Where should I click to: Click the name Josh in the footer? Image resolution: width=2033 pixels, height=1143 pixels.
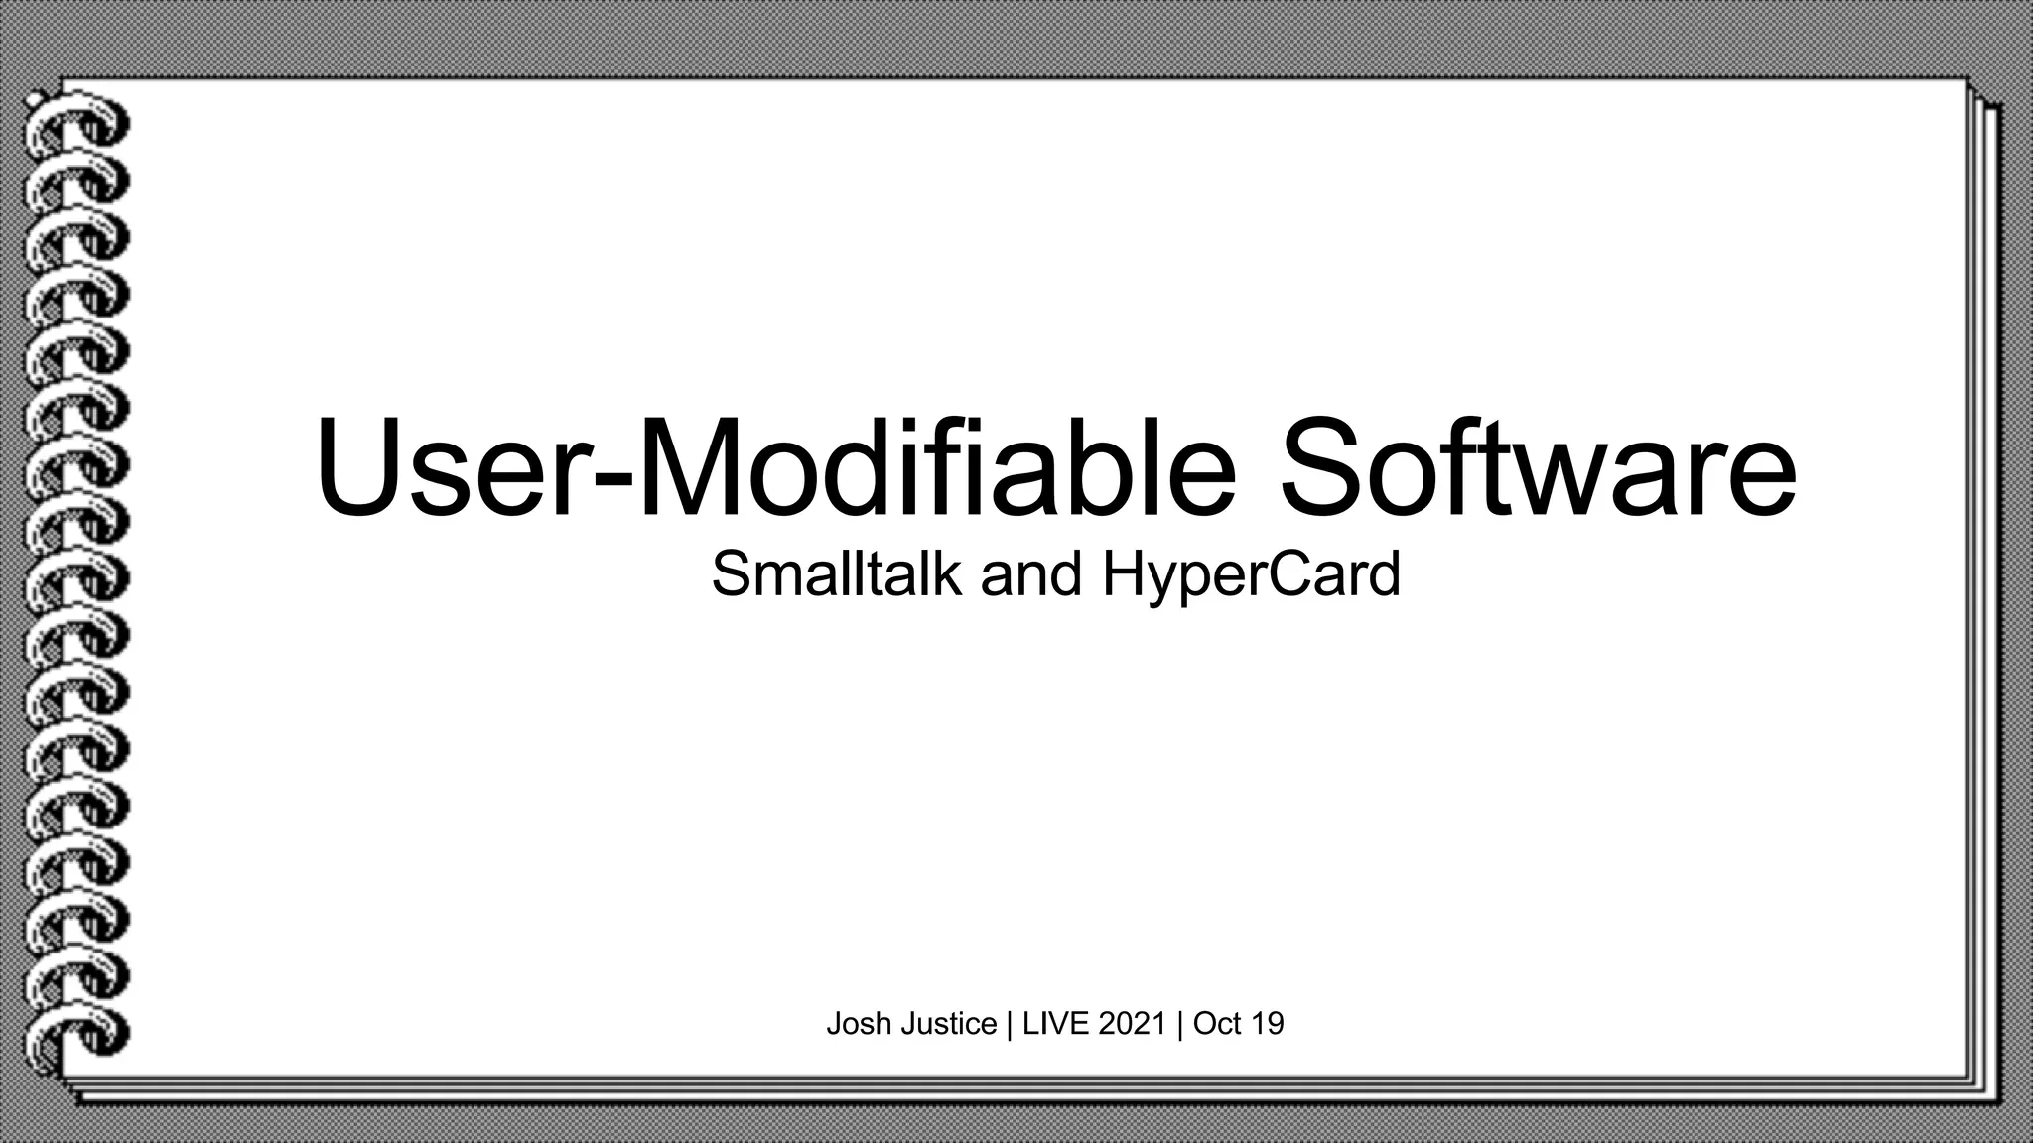(x=860, y=1023)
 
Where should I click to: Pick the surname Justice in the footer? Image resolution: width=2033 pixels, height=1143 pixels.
(x=949, y=1023)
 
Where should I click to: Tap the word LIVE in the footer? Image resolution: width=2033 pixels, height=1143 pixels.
(x=1056, y=1023)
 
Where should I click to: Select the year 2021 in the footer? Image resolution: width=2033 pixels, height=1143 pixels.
(x=1132, y=1023)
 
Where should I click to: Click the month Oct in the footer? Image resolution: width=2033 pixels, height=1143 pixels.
(x=1218, y=1023)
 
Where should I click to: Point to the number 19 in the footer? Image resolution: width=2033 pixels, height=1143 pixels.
(x=1268, y=1023)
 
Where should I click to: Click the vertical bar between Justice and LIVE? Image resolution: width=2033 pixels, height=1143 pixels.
(x=1010, y=1023)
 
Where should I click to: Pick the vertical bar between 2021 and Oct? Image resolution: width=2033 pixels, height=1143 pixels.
(x=1180, y=1023)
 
